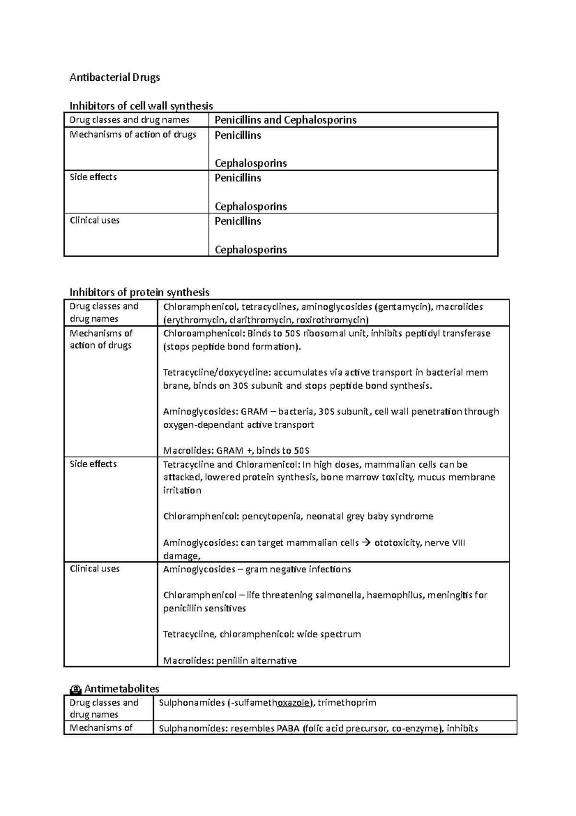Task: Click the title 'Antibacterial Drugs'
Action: pos(115,77)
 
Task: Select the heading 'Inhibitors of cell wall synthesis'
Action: pos(141,106)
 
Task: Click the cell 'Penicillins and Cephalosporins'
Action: pos(285,120)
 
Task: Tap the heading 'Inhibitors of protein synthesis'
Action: pos(140,292)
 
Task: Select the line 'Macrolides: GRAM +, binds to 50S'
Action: pos(236,451)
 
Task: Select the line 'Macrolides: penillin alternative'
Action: pos(229,661)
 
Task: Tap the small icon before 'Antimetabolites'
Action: pos(75,690)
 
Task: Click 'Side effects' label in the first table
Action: pos(93,177)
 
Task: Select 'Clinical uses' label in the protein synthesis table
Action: pos(95,569)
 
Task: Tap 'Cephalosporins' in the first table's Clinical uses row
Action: pos(251,250)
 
